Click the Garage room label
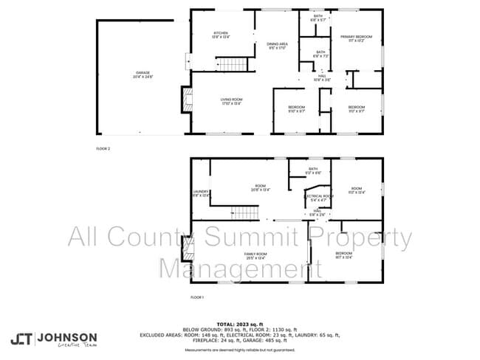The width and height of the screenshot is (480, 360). [143, 75]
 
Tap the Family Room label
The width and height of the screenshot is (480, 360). [256, 255]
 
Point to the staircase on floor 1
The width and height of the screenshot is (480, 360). [244, 213]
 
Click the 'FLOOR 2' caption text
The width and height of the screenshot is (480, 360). [103, 149]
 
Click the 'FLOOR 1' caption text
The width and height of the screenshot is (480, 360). [196, 297]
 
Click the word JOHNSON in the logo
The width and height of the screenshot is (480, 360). [68, 336]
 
